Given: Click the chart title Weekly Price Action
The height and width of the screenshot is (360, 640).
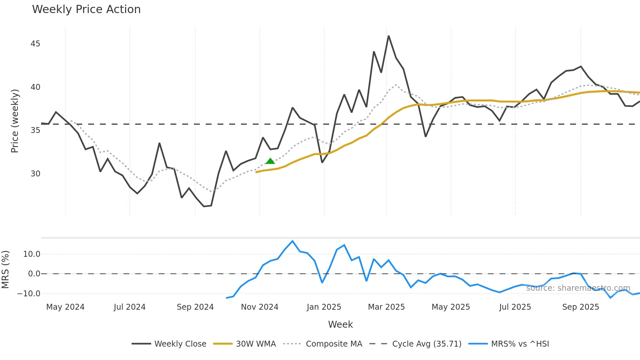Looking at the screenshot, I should coord(86,9).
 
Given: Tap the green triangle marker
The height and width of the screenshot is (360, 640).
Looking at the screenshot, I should coord(270,161).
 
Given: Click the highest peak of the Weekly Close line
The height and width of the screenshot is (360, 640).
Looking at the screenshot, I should coord(389,36).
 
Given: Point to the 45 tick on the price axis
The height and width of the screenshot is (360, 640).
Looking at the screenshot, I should coord(35,44).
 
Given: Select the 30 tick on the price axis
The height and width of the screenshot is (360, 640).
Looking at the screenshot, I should coord(35,174).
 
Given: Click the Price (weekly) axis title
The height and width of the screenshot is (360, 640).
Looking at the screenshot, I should coord(15,121).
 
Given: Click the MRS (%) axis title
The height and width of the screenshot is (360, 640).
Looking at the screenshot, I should coord(5,270).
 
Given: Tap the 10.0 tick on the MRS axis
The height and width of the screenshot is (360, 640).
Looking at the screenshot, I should coord(32,254).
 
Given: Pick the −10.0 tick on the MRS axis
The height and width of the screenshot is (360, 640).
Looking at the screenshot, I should coord(29,294).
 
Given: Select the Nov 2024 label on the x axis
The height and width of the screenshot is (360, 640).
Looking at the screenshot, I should coord(260,307).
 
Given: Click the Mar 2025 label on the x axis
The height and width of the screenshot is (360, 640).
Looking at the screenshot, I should coord(386,307).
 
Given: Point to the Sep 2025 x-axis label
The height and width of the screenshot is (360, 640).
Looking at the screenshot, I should coord(581,307).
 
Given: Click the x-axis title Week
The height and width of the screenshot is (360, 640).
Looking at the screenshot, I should coord(340,324).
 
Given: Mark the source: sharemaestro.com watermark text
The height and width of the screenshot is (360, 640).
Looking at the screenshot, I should coord(578,288).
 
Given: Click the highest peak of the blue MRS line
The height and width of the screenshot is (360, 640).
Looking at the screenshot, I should coord(293,241).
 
